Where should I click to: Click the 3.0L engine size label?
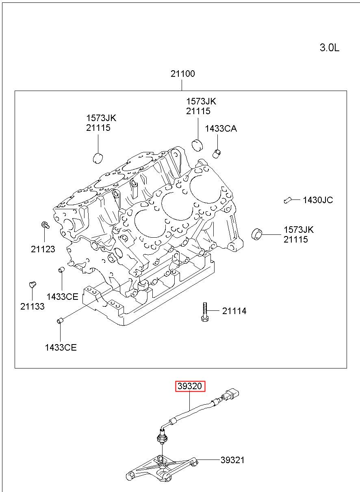(329, 48)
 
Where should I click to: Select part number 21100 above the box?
(183, 74)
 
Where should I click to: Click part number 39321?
(232, 460)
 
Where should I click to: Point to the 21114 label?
(234, 311)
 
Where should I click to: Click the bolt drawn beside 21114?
(205, 312)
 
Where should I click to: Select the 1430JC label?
(318, 200)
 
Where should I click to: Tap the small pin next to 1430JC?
(287, 200)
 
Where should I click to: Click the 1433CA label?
(221, 128)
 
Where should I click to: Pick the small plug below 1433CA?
(217, 153)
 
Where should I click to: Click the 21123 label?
(43, 249)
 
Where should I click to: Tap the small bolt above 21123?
(45, 225)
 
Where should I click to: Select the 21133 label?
(32, 306)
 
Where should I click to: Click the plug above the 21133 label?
(33, 285)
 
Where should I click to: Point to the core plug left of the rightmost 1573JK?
(257, 234)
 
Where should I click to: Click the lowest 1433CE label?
(61, 347)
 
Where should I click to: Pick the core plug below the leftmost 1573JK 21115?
(98, 158)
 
